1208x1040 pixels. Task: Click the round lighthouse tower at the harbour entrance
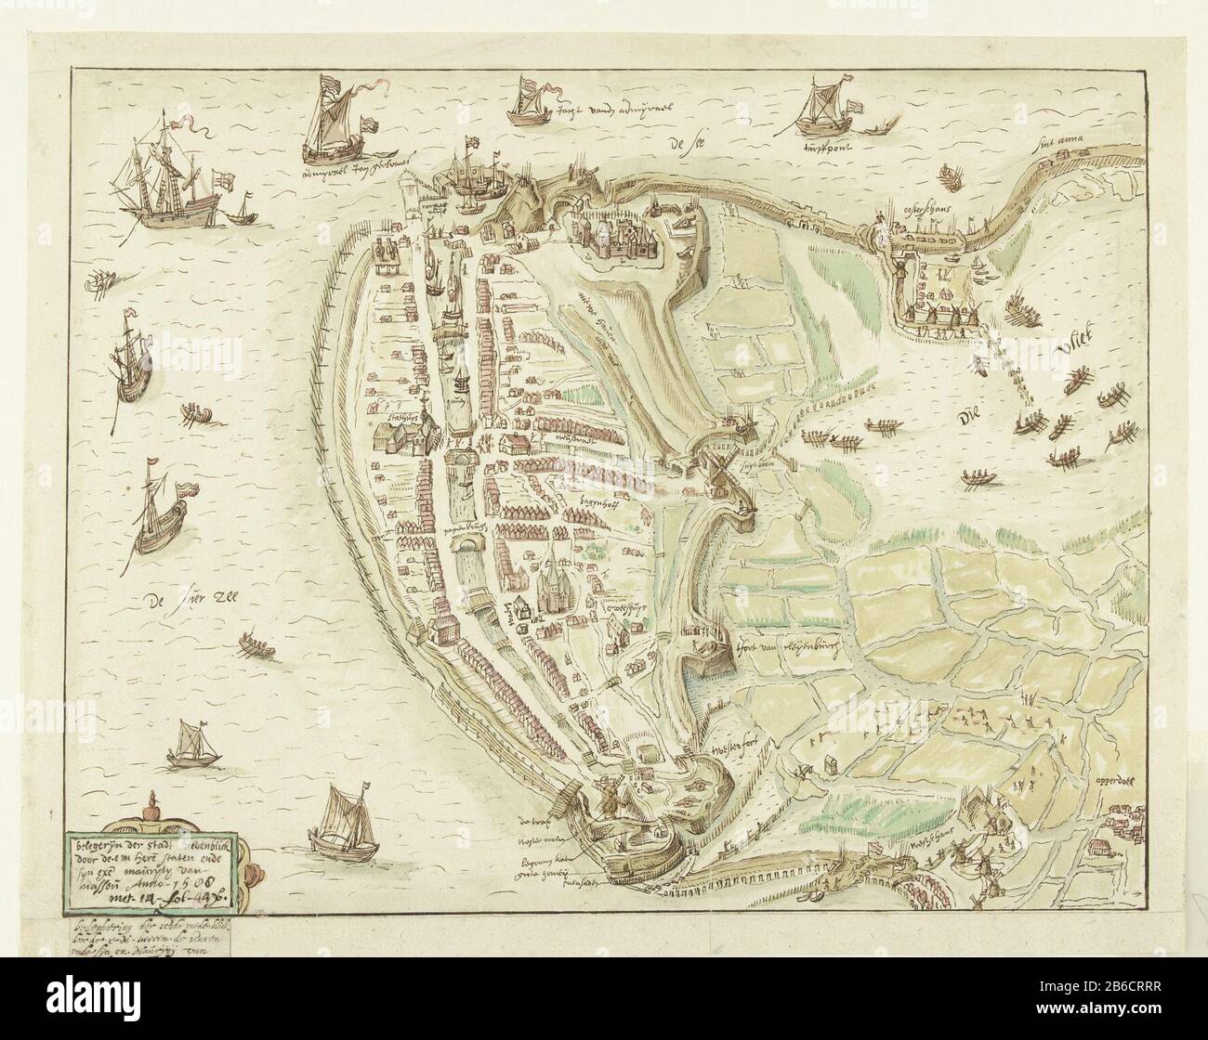(x=410, y=199)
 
